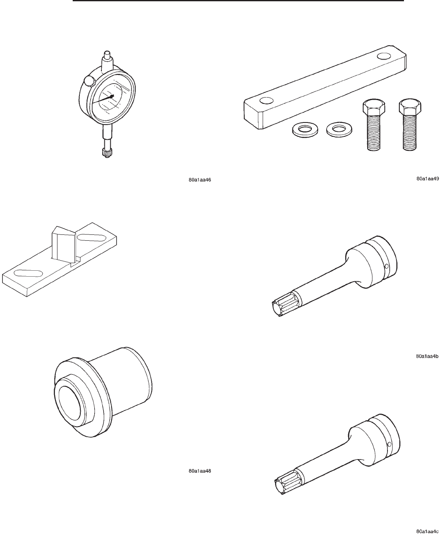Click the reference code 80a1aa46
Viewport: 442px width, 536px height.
[x=199, y=180]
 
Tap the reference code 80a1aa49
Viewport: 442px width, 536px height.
[x=428, y=178]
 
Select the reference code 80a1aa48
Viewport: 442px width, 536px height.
[x=199, y=471]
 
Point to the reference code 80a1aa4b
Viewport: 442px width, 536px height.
[x=427, y=356]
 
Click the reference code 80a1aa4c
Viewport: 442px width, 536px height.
[x=427, y=531]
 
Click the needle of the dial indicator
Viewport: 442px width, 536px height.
[x=103, y=100]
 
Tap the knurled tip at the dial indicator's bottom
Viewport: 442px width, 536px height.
[x=107, y=153]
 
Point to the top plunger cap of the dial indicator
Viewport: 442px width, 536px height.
[x=107, y=55]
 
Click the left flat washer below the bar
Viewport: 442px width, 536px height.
[x=305, y=130]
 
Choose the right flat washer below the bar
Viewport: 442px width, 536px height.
[x=339, y=129]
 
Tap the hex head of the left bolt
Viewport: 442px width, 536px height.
[x=374, y=108]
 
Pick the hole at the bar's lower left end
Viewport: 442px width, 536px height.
[x=267, y=101]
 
